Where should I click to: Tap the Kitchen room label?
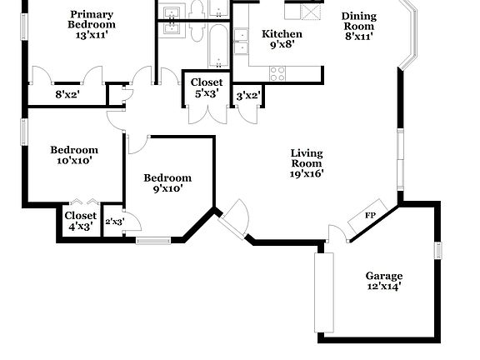coord(282,34)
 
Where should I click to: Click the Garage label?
coord(383,276)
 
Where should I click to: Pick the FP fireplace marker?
coord(372,215)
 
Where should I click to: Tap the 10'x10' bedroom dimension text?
coord(74,161)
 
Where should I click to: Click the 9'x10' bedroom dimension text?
coord(167,188)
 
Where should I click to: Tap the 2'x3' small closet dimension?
coord(113,222)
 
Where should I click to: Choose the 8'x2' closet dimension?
coord(67,95)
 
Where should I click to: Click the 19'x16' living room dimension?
coord(307,173)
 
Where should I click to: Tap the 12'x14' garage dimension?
coord(383,287)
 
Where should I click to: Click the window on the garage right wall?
coord(437,252)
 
